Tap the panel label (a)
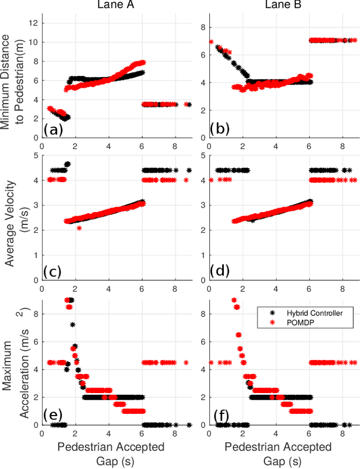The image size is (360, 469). click(x=53, y=130)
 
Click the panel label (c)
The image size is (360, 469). click(x=53, y=272)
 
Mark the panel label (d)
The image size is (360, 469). click(x=220, y=272)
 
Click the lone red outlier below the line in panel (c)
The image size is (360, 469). click(x=79, y=228)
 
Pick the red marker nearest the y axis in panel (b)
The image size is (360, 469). click(x=211, y=42)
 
